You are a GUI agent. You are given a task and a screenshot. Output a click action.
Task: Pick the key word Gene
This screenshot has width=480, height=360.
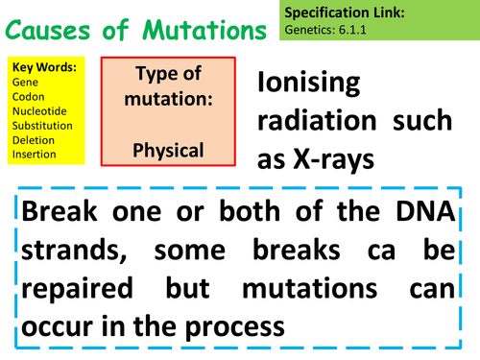pyautogui.click(x=23, y=83)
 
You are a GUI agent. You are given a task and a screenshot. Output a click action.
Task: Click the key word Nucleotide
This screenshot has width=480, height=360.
pyautogui.click(x=37, y=111)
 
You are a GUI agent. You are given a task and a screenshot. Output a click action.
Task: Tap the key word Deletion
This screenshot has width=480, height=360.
pyautogui.click(x=32, y=140)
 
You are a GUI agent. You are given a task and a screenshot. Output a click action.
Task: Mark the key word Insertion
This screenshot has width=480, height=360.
pyautogui.click(x=34, y=154)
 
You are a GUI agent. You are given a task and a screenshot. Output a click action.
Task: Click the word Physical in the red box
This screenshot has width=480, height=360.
pyautogui.click(x=169, y=152)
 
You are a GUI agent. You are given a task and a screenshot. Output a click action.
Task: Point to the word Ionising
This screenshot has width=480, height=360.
pyautogui.click(x=309, y=84)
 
